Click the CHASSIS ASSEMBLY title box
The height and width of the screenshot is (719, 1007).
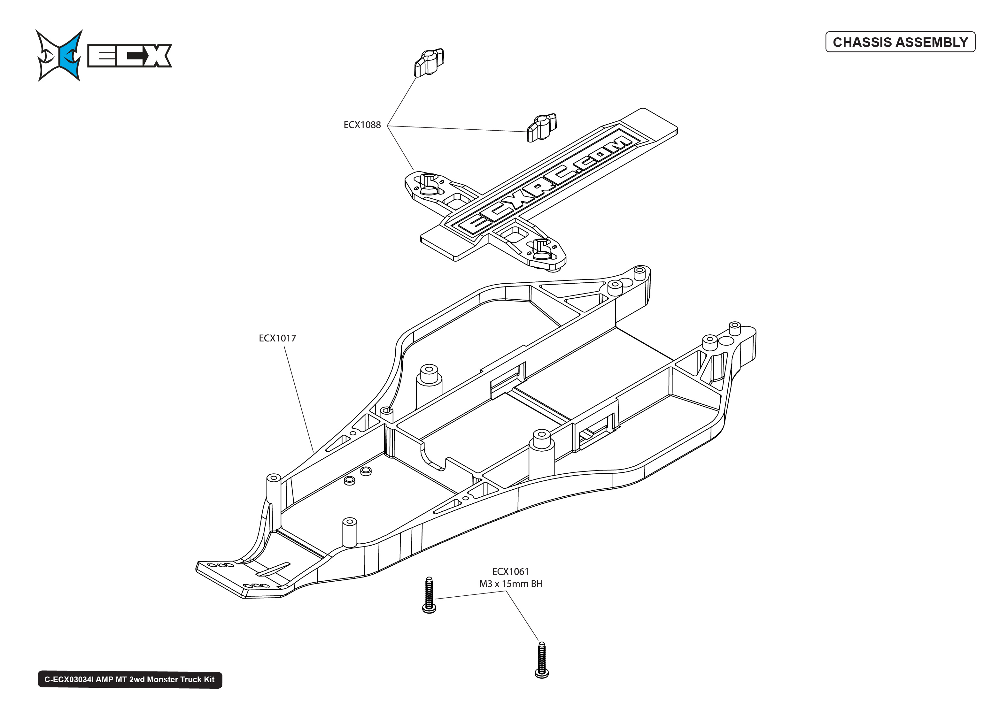(900, 42)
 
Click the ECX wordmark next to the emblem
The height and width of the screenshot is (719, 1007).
(129, 56)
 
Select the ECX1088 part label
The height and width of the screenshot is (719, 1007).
(362, 125)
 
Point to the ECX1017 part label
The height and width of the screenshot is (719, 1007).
(277, 338)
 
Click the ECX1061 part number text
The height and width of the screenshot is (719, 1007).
(510, 571)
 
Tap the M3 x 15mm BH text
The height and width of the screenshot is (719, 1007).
(511, 584)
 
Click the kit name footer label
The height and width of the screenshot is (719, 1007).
(129, 680)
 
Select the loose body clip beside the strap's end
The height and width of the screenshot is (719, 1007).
(541, 128)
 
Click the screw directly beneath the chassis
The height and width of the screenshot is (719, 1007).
(429, 595)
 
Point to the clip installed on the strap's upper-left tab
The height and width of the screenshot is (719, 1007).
(428, 184)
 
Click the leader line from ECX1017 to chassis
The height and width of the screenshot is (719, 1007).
(299, 398)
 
